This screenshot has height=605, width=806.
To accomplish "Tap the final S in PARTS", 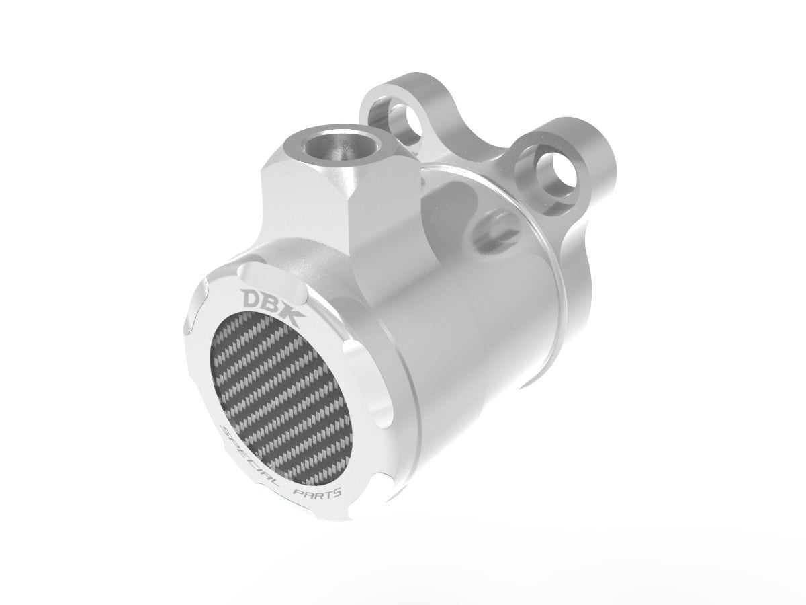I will (338, 493).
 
